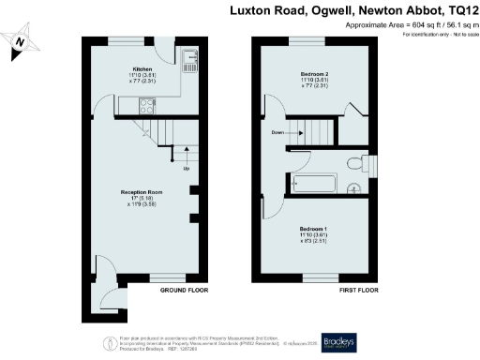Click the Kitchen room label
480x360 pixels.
click(x=142, y=68)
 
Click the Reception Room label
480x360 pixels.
click(x=142, y=191)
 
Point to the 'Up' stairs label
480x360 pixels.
click(x=186, y=169)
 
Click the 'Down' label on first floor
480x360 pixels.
click(x=277, y=133)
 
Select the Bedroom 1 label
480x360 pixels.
click(x=313, y=229)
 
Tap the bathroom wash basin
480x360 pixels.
click(x=353, y=188)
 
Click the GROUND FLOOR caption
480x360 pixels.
click(x=184, y=292)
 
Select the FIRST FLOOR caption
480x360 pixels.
click(x=358, y=292)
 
